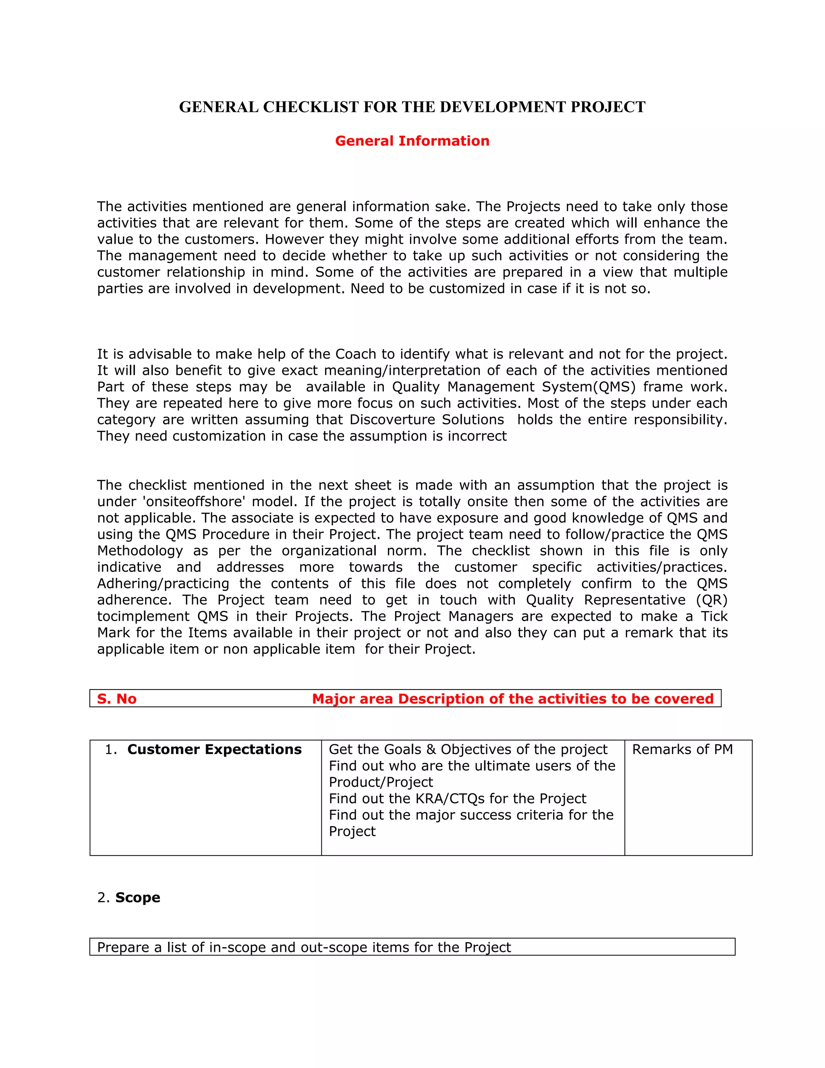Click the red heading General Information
(412, 141)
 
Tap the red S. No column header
(116, 699)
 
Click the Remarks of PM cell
(682, 750)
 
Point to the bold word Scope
(137, 898)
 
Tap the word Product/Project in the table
(381, 782)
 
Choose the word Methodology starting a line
(140, 551)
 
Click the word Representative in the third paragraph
(635, 600)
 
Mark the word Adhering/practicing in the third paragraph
(163, 584)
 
